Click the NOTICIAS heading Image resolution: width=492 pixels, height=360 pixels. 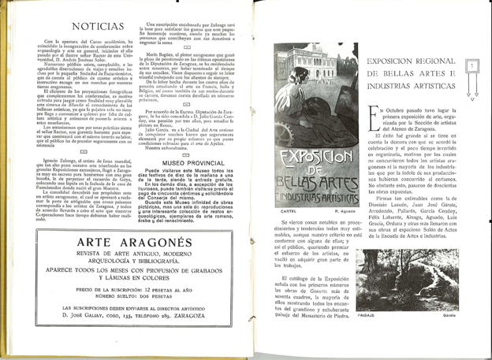[78, 26]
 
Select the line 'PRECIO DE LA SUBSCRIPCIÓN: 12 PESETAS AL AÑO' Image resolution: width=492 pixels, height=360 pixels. [127, 291]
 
